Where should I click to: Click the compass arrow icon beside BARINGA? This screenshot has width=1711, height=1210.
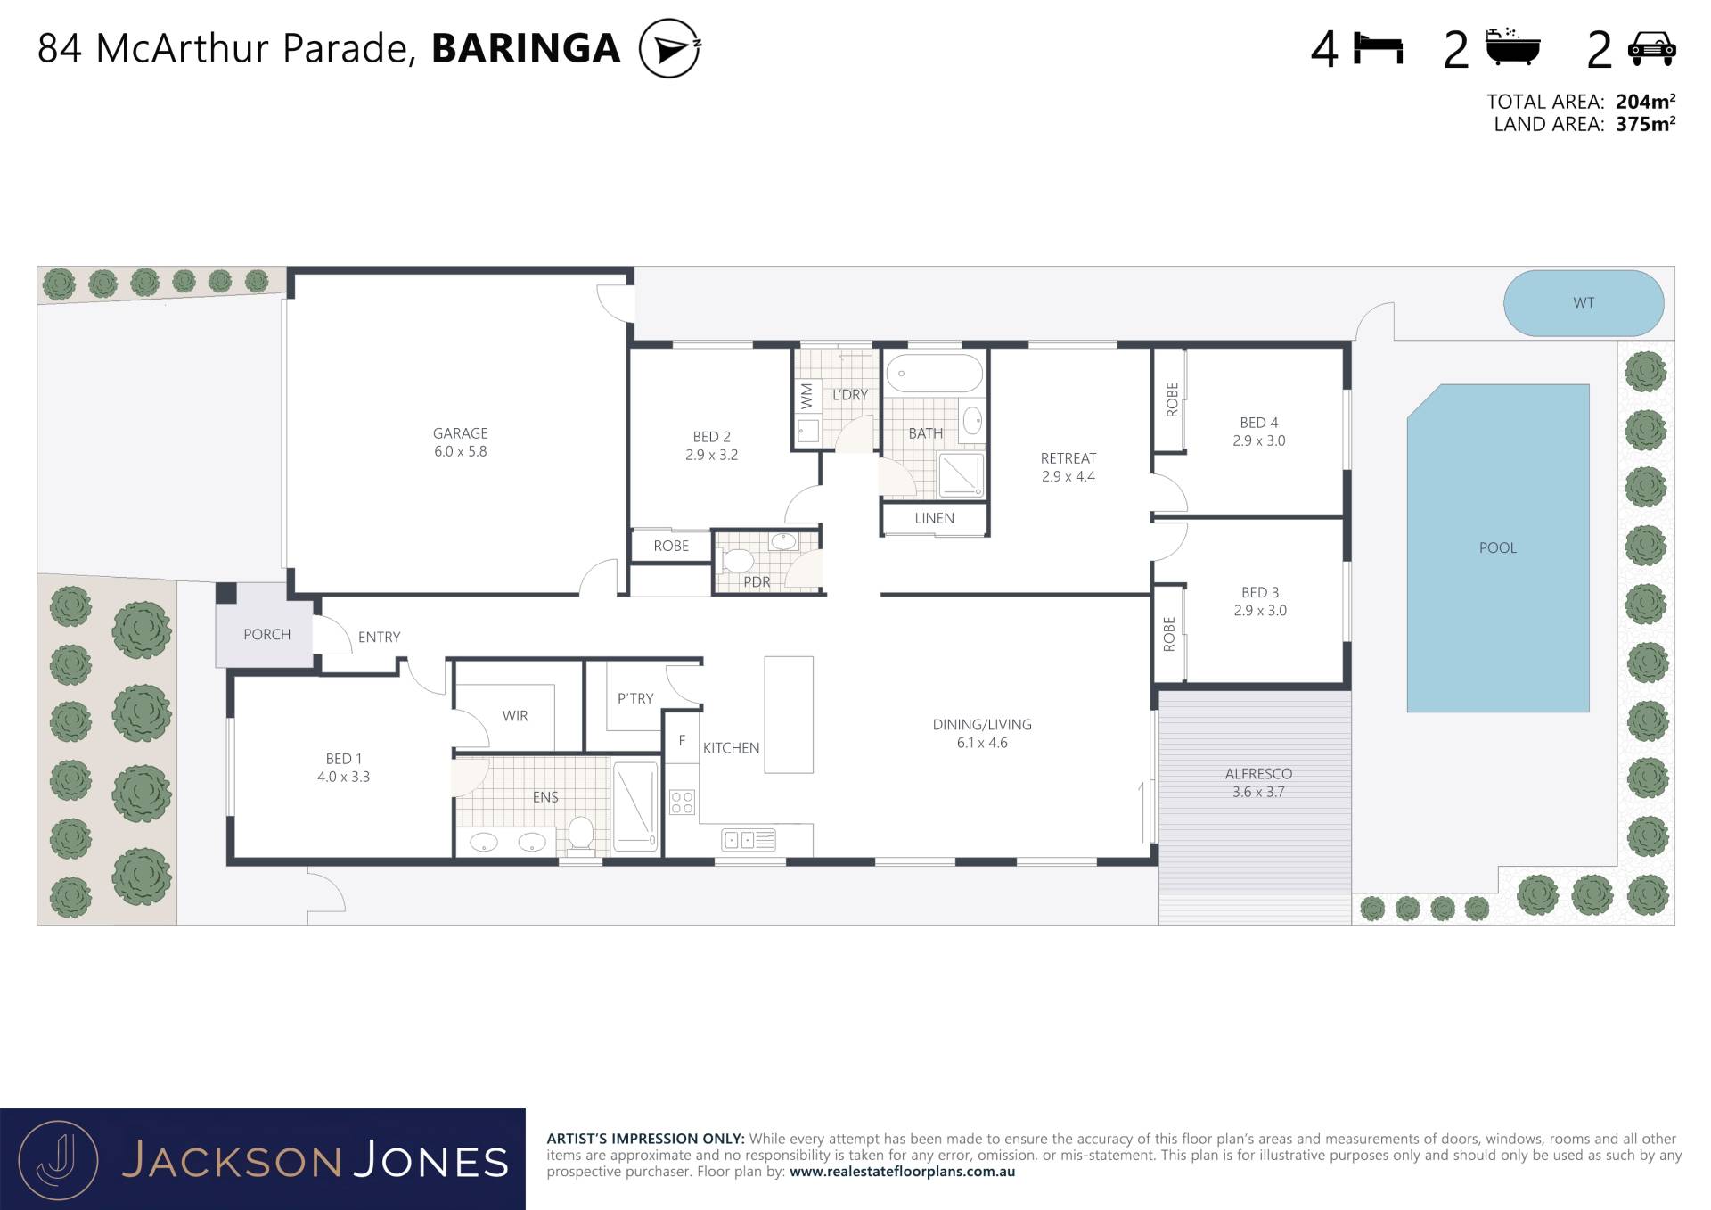(670, 48)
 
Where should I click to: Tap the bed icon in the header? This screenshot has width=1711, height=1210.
(1378, 48)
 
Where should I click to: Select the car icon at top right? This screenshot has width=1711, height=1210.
(1651, 49)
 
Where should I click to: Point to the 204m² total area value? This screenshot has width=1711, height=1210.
(1645, 102)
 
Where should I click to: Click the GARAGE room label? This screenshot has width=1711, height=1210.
(460, 433)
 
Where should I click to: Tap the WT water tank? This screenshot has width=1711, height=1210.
(1584, 303)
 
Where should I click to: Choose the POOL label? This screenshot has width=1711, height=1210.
(1497, 548)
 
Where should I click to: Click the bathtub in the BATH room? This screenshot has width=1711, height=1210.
(934, 374)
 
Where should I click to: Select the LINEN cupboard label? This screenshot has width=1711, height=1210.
(934, 518)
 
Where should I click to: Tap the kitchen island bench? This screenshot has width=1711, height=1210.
(789, 714)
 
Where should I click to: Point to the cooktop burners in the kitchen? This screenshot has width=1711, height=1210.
(682, 802)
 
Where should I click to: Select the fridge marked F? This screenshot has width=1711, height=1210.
(682, 737)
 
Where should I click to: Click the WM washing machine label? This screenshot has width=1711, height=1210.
(806, 395)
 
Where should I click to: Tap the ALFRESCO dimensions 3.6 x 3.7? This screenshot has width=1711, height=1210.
(1258, 792)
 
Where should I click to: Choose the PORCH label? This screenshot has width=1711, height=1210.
(267, 634)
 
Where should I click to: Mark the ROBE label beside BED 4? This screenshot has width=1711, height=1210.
(1172, 399)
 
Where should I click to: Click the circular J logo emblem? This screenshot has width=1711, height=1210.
(58, 1160)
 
